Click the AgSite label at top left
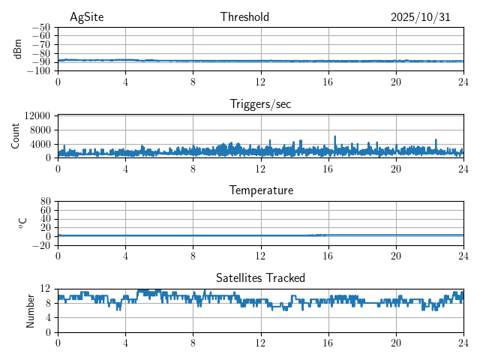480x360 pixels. [x=86, y=17]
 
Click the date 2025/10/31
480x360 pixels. [x=420, y=17]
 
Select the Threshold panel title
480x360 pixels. [x=244, y=17]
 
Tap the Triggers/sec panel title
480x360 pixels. [x=260, y=104]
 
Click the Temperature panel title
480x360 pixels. [x=260, y=190]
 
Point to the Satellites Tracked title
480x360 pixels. [x=260, y=277]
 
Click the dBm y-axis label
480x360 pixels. [x=17, y=49]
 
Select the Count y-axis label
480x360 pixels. [x=16, y=136]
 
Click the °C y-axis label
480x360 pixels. [x=22, y=223]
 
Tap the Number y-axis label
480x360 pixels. [x=31, y=310]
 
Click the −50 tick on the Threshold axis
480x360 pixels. [x=40, y=27]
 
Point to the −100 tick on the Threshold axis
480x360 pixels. [x=37, y=70]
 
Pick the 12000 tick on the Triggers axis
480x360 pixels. [x=36, y=115]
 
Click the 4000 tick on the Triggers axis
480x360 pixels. [x=39, y=144]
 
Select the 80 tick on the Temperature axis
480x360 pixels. [x=45, y=202]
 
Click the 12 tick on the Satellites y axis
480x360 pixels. [x=45, y=289]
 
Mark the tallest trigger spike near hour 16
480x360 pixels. [x=334, y=137]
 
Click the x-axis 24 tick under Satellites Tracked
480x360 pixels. [x=462, y=342]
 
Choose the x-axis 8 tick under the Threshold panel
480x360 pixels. [x=193, y=81]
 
